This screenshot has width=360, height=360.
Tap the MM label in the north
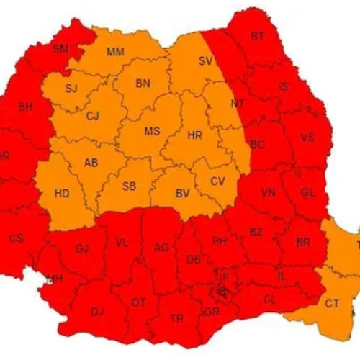click(114, 52)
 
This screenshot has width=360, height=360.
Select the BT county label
click(257, 36)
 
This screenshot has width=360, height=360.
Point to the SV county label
click(206, 61)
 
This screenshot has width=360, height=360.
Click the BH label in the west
click(25, 107)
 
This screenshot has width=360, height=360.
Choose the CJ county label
click(92, 115)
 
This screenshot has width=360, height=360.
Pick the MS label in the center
click(152, 131)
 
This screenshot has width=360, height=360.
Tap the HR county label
click(194, 135)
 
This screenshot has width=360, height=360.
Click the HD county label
click(62, 193)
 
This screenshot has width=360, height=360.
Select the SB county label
click(129, 186)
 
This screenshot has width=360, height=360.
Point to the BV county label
click(182, 192)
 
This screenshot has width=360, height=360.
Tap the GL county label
click(307, 192)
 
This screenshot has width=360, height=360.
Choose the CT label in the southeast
click(331, 303)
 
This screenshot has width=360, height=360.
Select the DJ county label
click(97, 311)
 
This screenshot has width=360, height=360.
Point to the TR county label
click(176, 318)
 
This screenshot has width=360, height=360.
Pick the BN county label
click(143, 84)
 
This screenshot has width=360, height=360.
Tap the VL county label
click(122, 243)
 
